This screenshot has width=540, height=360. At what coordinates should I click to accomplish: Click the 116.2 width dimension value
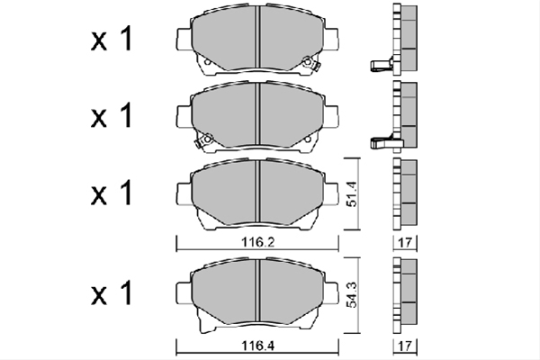point(257,242)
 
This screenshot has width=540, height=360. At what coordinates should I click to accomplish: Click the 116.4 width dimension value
point(257,345)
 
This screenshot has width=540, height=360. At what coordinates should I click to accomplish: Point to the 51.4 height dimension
point(352,193)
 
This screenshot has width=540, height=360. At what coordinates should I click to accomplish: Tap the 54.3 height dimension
point(352,294)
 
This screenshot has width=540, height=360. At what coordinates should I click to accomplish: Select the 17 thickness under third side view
point(405,242)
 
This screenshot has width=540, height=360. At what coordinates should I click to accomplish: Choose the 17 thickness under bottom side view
point(405,345)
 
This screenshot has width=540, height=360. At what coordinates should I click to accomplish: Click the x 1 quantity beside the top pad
point(112,40)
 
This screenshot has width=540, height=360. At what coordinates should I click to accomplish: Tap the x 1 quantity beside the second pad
point(112,115)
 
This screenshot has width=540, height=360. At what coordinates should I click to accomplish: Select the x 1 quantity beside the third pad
point(112,193)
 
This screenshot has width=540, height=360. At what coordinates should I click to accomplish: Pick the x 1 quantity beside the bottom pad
point(112,292)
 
